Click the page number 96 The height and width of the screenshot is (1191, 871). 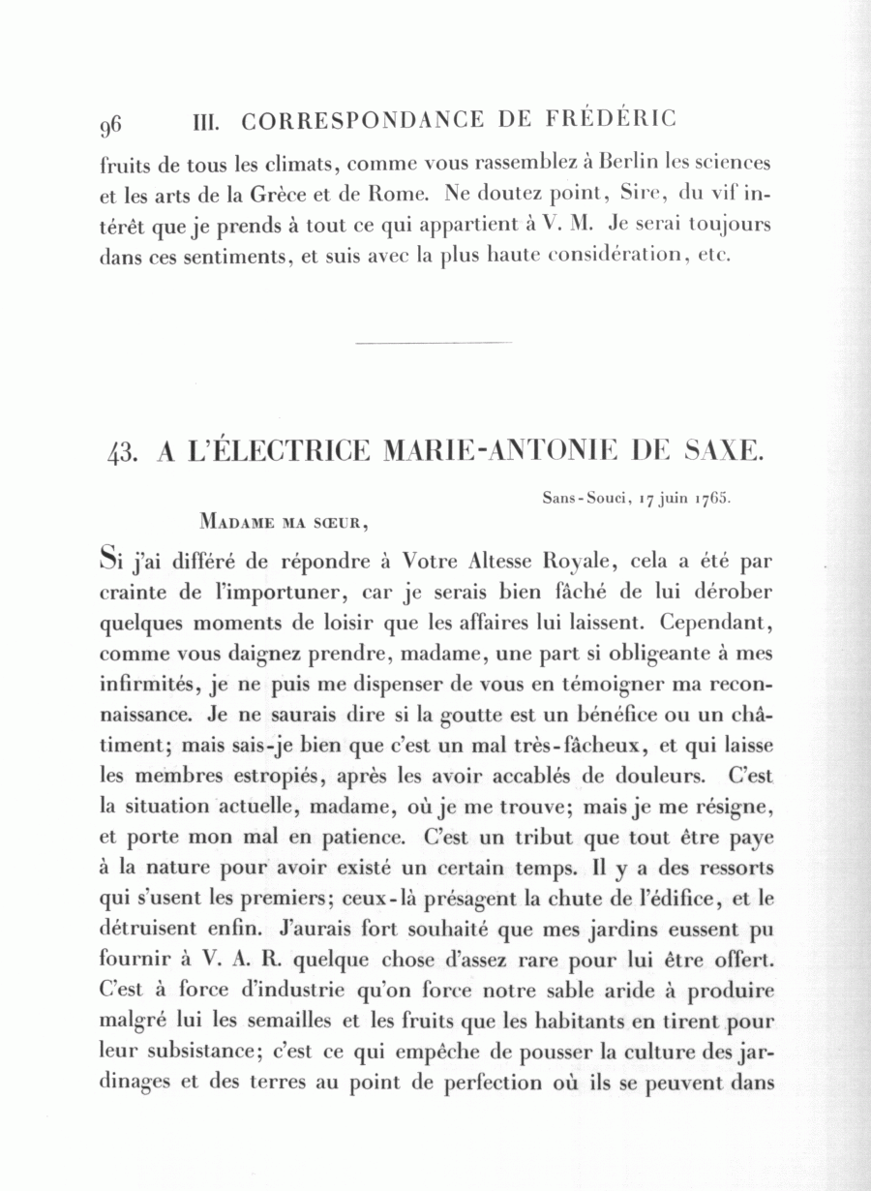109,124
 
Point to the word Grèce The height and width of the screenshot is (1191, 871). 280,193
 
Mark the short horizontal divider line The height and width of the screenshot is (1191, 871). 434,342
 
